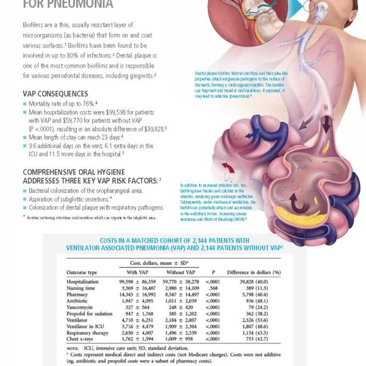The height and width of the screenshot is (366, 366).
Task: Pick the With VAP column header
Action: (x=140, y=272)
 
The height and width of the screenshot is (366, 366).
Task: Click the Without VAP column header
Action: (x=181, y=272)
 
